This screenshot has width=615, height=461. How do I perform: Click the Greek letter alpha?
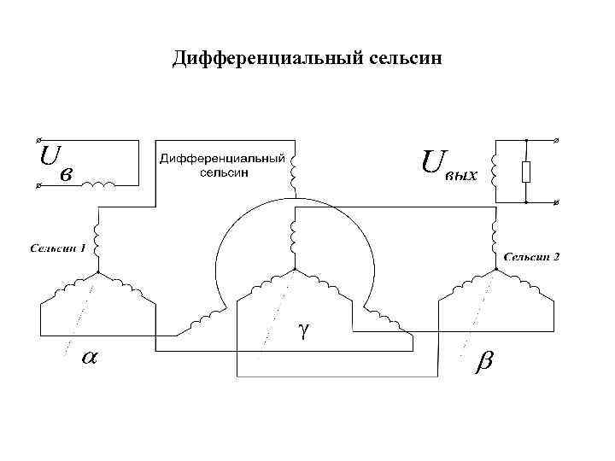[x=89, y=356]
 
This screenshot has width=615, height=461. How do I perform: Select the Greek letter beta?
[x=483, y=361]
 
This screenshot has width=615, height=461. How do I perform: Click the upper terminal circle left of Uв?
[x=37, y=140]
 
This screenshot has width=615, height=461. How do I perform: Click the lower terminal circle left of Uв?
[x=37, y=184]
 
